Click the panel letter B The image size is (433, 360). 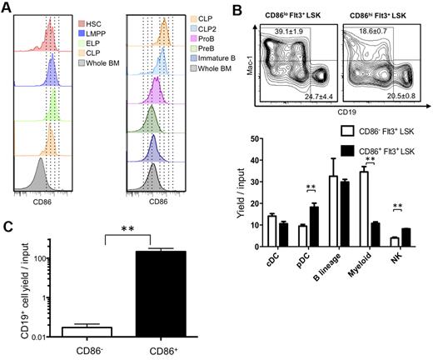tap(241, 8)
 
